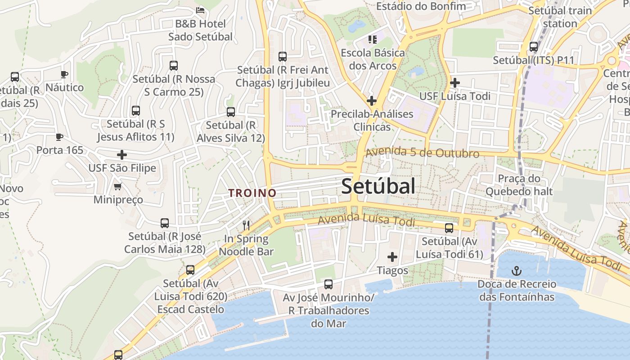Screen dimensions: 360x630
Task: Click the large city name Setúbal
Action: (378, 186)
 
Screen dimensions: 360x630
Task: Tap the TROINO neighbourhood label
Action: (252, 193)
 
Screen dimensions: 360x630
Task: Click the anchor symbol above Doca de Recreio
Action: (517, 271)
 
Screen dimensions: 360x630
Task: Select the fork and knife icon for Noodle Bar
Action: (246, 225)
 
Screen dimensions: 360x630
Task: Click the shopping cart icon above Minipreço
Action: (118, 186)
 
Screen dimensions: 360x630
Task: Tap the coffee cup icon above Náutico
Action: (64, 74)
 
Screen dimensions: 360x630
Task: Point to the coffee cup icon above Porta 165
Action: (59, 137)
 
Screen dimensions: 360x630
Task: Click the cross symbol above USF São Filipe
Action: (122, 155)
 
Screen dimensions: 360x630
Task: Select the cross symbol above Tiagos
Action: (392, 257)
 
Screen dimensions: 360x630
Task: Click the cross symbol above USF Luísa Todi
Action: (455, 83)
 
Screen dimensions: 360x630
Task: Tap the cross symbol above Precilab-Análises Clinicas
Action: (372, 101)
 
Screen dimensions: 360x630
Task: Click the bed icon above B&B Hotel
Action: (201, 10)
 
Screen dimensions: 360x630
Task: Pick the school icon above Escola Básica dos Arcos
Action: (372, 40)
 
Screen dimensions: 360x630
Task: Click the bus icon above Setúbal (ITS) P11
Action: (534, 46)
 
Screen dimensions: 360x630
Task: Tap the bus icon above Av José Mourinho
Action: (328, 284)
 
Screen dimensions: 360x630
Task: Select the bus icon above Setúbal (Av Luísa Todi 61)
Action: (449, 228)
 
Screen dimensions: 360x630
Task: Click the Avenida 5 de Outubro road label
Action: (422, 153)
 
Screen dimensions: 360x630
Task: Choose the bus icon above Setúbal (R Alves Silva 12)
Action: (231, 112)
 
